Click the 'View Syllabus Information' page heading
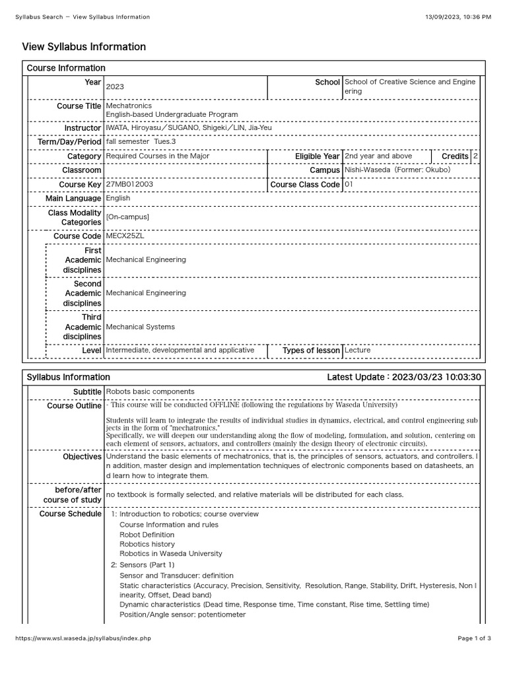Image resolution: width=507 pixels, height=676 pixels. pos(84,47)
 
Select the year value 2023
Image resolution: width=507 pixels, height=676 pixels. pos(115,86)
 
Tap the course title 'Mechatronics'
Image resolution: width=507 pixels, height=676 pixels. pos(129,106)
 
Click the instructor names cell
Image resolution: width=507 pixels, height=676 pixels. pos(188,127)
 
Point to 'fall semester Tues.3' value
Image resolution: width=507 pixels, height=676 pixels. pos(141,142)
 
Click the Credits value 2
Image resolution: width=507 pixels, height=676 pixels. pos(475,156)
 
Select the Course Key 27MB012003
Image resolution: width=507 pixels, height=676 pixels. pos(129,185)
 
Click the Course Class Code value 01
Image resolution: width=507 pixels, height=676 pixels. pos(349,185)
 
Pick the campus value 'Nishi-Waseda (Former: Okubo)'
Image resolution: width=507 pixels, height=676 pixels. pos(397,170)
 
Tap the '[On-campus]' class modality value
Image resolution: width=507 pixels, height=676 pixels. pos(127,217)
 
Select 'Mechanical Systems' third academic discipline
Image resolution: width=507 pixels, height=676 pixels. pos(140,327)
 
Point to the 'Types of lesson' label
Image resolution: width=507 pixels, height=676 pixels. pos(311,351)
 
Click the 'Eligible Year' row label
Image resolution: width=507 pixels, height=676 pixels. pos(318,156)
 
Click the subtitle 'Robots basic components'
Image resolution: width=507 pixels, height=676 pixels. pos(150,391)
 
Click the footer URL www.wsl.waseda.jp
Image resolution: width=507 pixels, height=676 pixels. pos(83,639)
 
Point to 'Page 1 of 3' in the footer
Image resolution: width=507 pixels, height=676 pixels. pos(474,639)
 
